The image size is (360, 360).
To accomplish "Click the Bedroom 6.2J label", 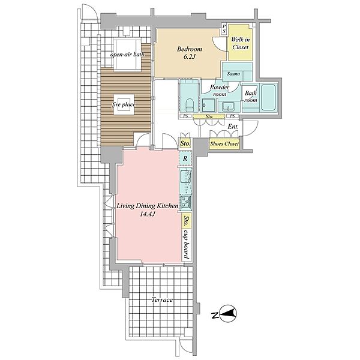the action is click(x=190, y=53).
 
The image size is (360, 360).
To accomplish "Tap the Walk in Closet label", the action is click(x=240, y=43).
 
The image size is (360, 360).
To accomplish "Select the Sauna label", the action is click(x=233, y=74).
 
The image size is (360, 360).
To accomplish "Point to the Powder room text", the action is click(x=220, y=91).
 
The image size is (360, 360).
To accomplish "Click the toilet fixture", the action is click(x=189, y=106).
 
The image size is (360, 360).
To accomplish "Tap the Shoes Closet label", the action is click(x=224, y=144).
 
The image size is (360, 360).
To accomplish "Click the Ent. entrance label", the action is click(x=233, y=127).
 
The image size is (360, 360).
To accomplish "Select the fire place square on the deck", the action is click(x=124, y=104).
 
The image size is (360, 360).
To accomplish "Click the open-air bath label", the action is click(x=127, y=55).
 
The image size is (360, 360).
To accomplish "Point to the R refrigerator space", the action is click(x=185, y=158).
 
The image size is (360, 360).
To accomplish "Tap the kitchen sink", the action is click(x=186, y=176).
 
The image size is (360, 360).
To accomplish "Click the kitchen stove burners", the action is click(x=186, y=202).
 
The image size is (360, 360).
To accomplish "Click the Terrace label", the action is click(x=162, y=299).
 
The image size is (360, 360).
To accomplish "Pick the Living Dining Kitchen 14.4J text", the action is click(x=148, y=210).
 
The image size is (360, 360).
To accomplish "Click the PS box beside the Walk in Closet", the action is click(x=224, y=29).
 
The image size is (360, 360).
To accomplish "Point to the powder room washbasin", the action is click(x=228, y=107).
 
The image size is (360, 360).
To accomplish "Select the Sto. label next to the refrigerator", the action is click(x=185, y=144).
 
